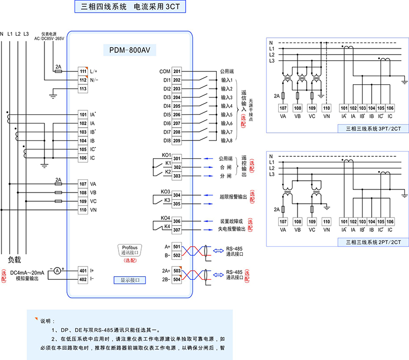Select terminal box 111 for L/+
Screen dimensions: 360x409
pos(82,71)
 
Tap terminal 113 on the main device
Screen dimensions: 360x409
pos(82,89)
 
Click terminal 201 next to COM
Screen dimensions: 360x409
pos(176,71)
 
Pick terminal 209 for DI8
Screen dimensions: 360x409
pos(176,140)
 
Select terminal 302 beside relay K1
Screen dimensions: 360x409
pos(176,167)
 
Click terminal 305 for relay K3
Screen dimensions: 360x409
pos(176,204)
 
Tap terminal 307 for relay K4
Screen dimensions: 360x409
pos(176,230)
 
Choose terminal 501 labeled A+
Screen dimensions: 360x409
pos(176,247)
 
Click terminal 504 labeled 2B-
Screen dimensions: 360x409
pos(176,279)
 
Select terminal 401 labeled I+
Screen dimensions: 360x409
pos(82,270)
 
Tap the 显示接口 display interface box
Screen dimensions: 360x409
pos(130,280)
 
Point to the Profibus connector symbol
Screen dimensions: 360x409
pos(130,250)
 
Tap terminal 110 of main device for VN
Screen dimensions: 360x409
pos(82,210)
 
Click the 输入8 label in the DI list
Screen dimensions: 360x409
pos(226,140)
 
